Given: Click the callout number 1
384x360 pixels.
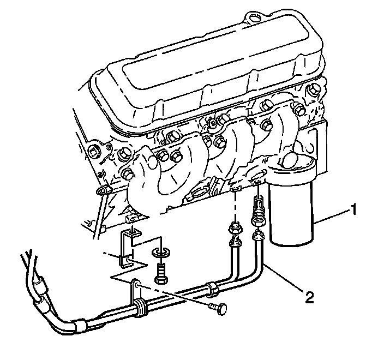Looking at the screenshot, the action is [355, 209].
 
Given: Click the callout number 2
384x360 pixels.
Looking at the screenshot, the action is [309, 297].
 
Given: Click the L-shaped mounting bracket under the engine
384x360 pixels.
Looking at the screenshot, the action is [128, 248].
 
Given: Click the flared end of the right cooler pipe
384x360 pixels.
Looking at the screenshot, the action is [256, 236].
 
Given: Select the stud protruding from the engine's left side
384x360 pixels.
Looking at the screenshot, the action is [100, 191].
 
